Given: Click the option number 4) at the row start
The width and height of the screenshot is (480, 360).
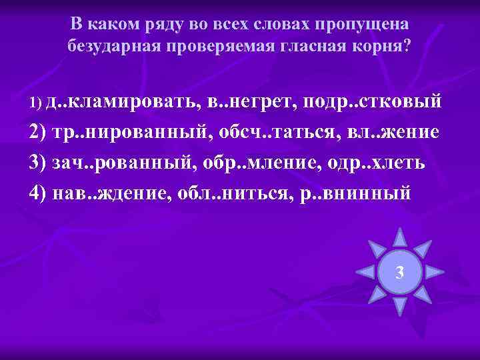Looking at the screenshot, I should [38, 193].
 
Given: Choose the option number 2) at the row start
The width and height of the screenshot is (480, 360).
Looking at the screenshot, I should [38, 131].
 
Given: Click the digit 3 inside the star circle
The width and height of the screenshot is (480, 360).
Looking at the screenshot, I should [399, 272].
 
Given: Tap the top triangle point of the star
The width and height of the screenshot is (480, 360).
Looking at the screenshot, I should [399, 238].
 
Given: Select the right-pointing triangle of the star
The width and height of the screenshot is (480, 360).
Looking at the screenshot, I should [435, 272].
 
